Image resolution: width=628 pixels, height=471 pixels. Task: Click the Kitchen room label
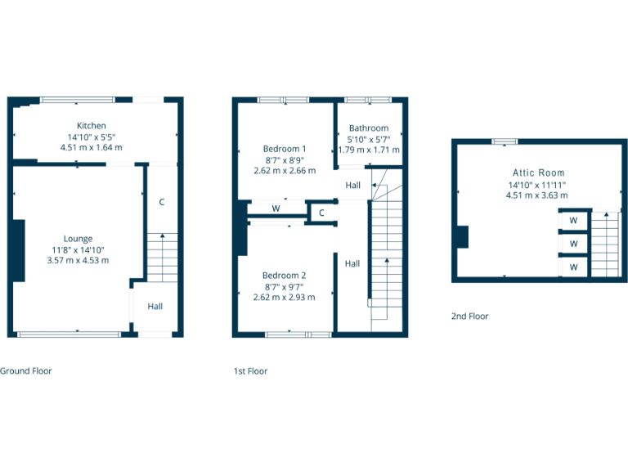click(x=92, y=125)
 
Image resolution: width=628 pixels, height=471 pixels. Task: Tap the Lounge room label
click(x=78, y=239)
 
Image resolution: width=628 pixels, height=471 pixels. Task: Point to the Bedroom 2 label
click(x=285, y=276)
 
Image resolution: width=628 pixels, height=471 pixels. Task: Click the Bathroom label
click(x=369, y=128)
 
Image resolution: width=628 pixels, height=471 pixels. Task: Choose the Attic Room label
click(x=538, y=173)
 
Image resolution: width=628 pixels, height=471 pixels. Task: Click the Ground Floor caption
click(x=26, y=370)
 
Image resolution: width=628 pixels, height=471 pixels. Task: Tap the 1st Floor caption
click(x=250, y=370)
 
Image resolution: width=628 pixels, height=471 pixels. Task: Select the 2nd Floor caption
click(x=470, y=316)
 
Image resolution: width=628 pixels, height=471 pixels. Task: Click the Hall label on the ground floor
click(x=155, y=307)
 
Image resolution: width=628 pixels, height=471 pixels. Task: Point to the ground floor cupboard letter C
click(x=162, y=201)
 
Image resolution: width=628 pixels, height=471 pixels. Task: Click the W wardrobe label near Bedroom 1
click(x=276, y=209)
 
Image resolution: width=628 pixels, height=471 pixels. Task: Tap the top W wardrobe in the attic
click(x=573, y=220)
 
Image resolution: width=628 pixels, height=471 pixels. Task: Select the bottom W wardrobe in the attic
click(x=573, y=267)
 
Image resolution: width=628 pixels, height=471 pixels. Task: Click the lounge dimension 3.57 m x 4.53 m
click(x=78, y=260)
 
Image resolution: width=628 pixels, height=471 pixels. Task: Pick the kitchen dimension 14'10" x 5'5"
click(x=92, y=137)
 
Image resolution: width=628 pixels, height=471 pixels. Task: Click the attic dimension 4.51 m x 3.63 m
click(x=537, y=195)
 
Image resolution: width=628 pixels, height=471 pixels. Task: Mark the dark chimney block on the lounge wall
click(x=17, y=250)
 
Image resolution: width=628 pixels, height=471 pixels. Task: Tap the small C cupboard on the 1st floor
click(x=322, y=213)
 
